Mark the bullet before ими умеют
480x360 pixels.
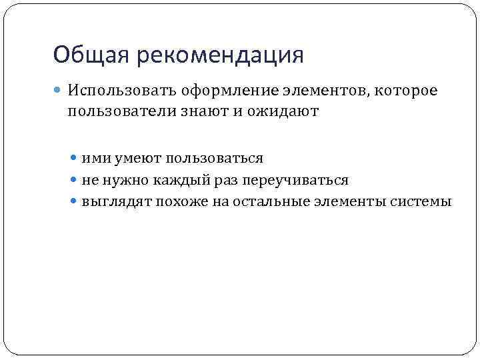click(75, 159)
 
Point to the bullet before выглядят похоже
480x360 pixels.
click(75, 201)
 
